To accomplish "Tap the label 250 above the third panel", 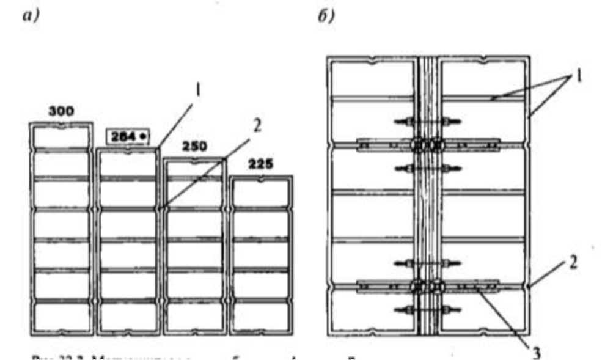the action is pyautogui.click(x=194, y=146).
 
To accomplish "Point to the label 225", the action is pyautogui.click(x=262, y=164).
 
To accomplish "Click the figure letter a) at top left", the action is pyautogui.click(x=30, y=17).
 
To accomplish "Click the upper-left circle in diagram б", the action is pyautogui.click(x=418, y=146).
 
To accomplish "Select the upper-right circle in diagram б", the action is pyautogui.click(x=436, y=146).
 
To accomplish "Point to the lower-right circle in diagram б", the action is pyautogui.click(x=436, y=285).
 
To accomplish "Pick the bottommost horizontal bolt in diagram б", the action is pyautogui.click(x=427, y=310).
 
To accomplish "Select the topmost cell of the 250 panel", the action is pyautogui.click(x=194, y=170).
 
